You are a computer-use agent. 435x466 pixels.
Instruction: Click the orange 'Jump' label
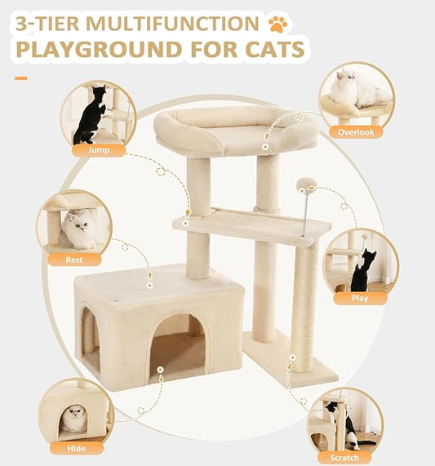(98, 150)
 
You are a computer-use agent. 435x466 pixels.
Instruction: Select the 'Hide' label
(76, 447)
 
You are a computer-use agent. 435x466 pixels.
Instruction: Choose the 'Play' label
(359, 298)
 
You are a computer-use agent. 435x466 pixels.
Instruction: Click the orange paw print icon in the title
(276, 22)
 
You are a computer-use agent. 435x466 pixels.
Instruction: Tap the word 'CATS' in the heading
(266, 50)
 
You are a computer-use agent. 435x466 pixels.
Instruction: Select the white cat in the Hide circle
(76, 419)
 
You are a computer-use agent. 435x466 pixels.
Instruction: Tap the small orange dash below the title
(20, 78)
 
